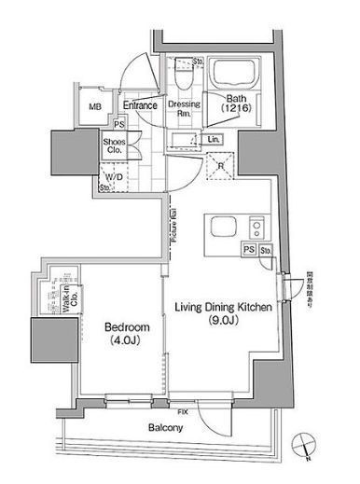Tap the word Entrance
[x=139, y=105]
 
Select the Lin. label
[x=214, y=140]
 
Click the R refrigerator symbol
[x=218, y=169]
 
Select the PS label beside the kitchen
[x=249, y=250]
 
